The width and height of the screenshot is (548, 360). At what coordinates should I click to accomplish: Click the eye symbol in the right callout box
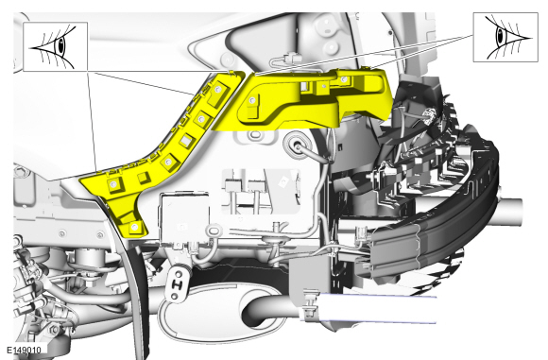click(x=506, y=37)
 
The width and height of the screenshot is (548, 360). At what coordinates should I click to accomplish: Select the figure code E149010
click(x=25, y=350)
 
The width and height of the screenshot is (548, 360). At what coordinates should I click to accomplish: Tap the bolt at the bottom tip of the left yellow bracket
click(x=135, y=228)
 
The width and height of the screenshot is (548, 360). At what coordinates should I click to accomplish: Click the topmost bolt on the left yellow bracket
click(x=218, y=90)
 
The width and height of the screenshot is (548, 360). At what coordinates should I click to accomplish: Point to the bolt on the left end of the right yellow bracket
click(x=251, y=101)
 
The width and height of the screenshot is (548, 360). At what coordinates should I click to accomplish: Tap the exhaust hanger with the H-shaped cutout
click(x=178, y=283)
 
